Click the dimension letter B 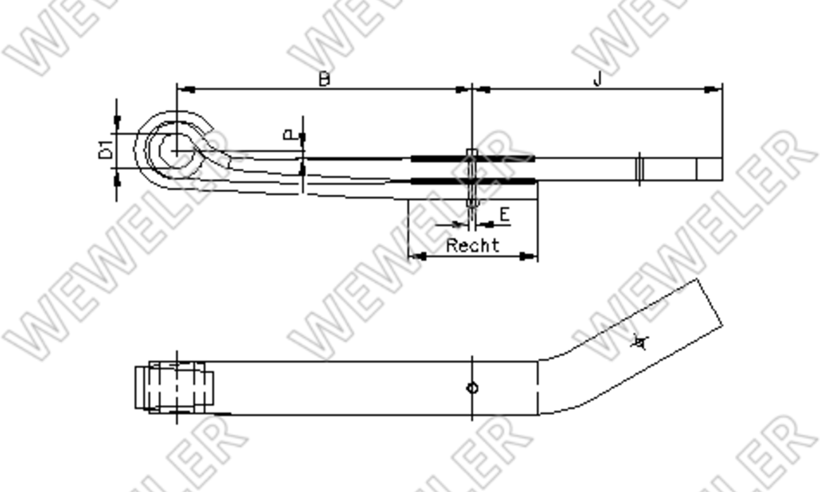coord(323,79)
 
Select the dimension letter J coord(597,79)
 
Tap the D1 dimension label coord(106,151)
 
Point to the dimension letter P coord(290,136)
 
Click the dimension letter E coord(504,215)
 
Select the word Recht coord(472,246)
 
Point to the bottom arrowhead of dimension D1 coord(117,179)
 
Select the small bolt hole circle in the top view coord(472,388)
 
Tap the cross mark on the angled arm coord(640,342)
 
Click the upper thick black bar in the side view coord(472,159)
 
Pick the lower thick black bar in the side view coord(472,181)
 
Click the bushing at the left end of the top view coord(174,388)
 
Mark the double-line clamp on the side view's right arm coord(640,169)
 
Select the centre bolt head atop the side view coord(472,153)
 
